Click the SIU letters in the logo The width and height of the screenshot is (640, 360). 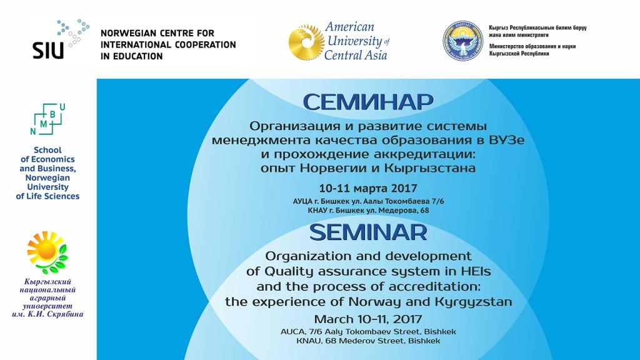48,51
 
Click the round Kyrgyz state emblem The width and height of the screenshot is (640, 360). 463,41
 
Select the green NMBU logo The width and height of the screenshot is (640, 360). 47,119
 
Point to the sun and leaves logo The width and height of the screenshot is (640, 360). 47,252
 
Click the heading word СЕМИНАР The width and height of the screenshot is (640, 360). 368,102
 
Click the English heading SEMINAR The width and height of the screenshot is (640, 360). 368,232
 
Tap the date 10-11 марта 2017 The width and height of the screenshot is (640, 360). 368,188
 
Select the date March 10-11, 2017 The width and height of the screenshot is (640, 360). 368,319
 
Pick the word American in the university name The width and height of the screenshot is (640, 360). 349,27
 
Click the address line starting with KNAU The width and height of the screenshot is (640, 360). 368,341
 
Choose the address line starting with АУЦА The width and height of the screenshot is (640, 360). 368,202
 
